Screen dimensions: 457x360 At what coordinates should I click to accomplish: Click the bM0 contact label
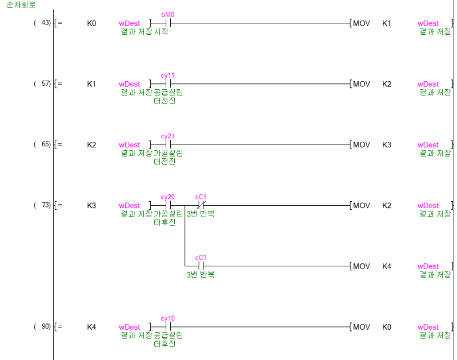click(167, 15)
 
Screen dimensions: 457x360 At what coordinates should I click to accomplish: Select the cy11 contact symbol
click(168, 84)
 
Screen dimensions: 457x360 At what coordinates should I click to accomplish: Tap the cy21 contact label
click(167, 136)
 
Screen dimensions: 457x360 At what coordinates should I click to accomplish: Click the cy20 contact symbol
click(168, 205)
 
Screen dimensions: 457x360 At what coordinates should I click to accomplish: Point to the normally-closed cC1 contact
click(201, 205)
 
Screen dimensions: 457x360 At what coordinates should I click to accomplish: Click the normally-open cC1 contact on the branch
click(201, 266)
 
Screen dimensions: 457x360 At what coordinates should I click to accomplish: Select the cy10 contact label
click(167, 318)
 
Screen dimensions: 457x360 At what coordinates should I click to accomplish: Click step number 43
click(46, 23)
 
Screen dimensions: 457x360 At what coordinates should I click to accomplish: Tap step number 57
click(46, 83)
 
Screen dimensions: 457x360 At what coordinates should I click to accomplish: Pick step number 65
click(46, 145)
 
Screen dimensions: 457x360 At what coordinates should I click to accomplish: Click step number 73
click(46, 205)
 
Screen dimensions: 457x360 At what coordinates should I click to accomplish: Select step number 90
click(46, 326)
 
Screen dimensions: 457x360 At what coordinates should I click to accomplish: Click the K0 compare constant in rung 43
click(91, 23)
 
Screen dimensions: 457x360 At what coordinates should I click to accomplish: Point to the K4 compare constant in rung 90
click(91, 327)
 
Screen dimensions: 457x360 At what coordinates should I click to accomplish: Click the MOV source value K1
click(387, 23)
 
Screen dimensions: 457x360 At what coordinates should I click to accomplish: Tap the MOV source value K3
click(387, 145)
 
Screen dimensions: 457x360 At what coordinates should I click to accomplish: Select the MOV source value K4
click(387, 266)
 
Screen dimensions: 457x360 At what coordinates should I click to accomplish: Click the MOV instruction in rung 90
click(362, 327)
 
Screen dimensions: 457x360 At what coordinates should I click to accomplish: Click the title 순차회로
click(21, 5)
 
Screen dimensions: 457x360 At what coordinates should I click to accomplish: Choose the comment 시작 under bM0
click(161, 31)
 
